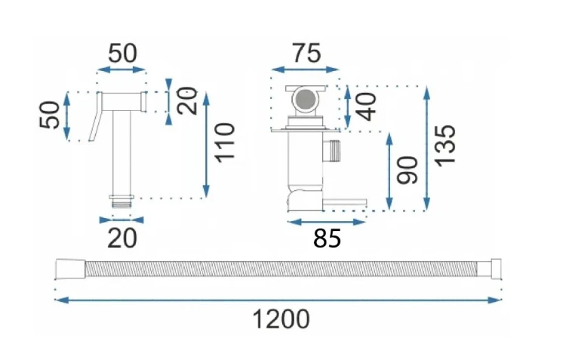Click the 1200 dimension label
coord(281,319)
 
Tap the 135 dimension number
coord(444,146)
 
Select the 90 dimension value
coord(407,170)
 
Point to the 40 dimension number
coord(366,106)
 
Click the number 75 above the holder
coord(306,54)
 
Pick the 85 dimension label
coord(327,238)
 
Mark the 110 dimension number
coord(225,143)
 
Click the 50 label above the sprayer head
coord(123,54)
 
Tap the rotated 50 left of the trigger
coord(50,115)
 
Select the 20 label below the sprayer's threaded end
coord(122,238)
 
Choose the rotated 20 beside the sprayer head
coord(187,100)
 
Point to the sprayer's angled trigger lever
coord(95,116)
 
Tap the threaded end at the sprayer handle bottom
coord(122,202)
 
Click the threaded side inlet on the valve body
coord(332,150)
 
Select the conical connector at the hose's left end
coord(71,269)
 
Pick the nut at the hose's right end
coord(497,269)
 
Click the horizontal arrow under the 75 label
coord(305,69)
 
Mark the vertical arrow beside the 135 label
coord(426,149)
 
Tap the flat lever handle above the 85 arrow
coord(345,202)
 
